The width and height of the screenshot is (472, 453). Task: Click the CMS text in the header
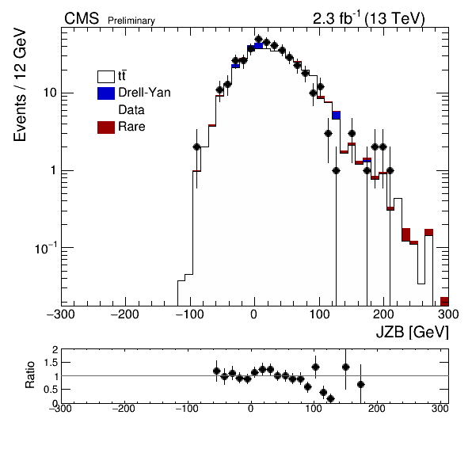tap(82, 19)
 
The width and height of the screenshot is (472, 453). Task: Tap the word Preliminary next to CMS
tap(131, 21)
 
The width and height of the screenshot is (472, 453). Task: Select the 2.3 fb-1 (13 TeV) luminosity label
tap(369, 19)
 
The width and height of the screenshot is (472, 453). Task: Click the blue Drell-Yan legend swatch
tap(106, 93)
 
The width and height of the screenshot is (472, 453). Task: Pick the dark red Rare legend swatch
tap(106, 128)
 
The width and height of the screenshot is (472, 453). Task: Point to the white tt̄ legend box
tap(106, 77)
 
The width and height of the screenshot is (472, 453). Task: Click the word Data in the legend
tap(131, 110)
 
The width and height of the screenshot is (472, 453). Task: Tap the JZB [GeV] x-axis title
tap(412, 333)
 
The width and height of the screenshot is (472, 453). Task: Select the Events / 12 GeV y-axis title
tap(20, 85)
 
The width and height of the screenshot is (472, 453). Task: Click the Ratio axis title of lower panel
tap(30, 375)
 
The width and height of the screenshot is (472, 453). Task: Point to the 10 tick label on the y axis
tap(50, 93)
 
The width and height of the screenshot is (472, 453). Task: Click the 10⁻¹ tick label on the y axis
tap(46, 249)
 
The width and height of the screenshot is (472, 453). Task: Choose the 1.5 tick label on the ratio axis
tap(51, 363)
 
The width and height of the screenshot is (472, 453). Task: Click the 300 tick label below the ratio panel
tap(440, 409)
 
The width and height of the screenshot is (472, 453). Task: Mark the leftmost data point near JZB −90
tap(196, 147)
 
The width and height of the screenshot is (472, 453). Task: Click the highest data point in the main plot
tap(259, 39)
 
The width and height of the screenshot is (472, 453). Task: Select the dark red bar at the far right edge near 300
tap(444, 302)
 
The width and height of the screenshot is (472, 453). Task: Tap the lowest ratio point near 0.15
tap(330, 399)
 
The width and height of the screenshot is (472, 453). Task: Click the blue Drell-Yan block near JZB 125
tap(337, 116)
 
